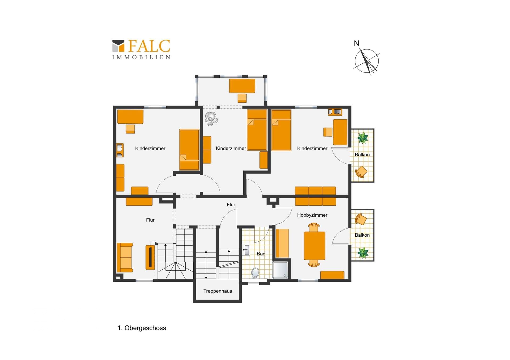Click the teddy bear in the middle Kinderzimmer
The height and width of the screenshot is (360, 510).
tap(211, 119)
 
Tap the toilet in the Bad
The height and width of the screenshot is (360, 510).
tap(255, 272)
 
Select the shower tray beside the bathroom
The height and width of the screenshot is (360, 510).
tap(280, 270)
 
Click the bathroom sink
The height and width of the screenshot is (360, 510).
tap(246, 250)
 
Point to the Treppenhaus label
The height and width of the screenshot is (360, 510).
tap(218, 291)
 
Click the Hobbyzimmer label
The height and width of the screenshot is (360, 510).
tap(312, 215)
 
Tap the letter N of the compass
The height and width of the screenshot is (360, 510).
tap(356, 43)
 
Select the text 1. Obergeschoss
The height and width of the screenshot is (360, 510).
tap(142, 328)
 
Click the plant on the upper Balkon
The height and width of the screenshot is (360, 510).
tap(363, 138)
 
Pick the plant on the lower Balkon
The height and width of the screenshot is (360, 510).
tap(363, 253)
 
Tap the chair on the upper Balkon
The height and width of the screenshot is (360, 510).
tap(361, 172)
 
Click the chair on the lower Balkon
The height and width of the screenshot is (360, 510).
tap(361, 219)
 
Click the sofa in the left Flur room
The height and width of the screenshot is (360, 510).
tap(125, 257)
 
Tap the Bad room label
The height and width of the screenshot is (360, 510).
tap(261, 254)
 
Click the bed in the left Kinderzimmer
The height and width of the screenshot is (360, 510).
tap(189, 150)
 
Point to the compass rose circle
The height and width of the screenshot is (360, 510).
tap(367, 61)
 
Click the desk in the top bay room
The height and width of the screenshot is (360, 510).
tap(242, 86)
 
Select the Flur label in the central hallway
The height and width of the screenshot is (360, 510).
tap(231, 205)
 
